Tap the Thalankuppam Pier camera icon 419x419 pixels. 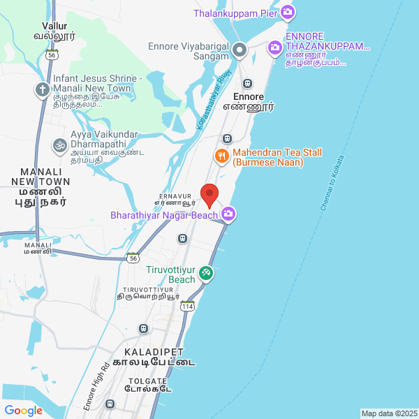(x=288, y=13)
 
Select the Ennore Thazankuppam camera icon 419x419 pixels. (x=275, y=47)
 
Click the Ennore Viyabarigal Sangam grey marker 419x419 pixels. (x=240, y=49)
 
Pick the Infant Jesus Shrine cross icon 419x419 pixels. (x=43, y=90)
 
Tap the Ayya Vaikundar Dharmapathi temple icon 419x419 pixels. (x=59, y=146)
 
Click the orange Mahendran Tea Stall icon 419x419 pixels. (x=222, y=156)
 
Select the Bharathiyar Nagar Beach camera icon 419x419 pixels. (x=228, y=214)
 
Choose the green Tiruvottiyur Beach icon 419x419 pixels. (x=205, y=273)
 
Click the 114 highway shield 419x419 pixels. (x=187, y=306)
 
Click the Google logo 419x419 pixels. (x=23, y=411)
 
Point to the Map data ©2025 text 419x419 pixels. (x=389, y=413)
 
